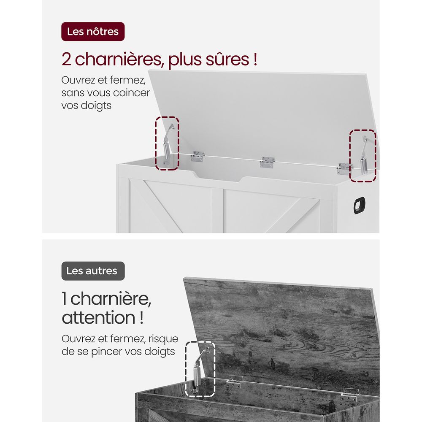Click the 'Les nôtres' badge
(93, 32)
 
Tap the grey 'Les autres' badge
(93, 271)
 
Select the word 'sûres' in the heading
(227, 59)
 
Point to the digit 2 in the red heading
(67, 59)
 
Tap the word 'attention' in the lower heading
(98, 317)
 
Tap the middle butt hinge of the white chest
(267, 162)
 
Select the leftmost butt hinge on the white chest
(197, 157)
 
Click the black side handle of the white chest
(359, 206)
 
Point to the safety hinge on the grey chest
(199, 370)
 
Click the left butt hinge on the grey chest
(234, 382)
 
